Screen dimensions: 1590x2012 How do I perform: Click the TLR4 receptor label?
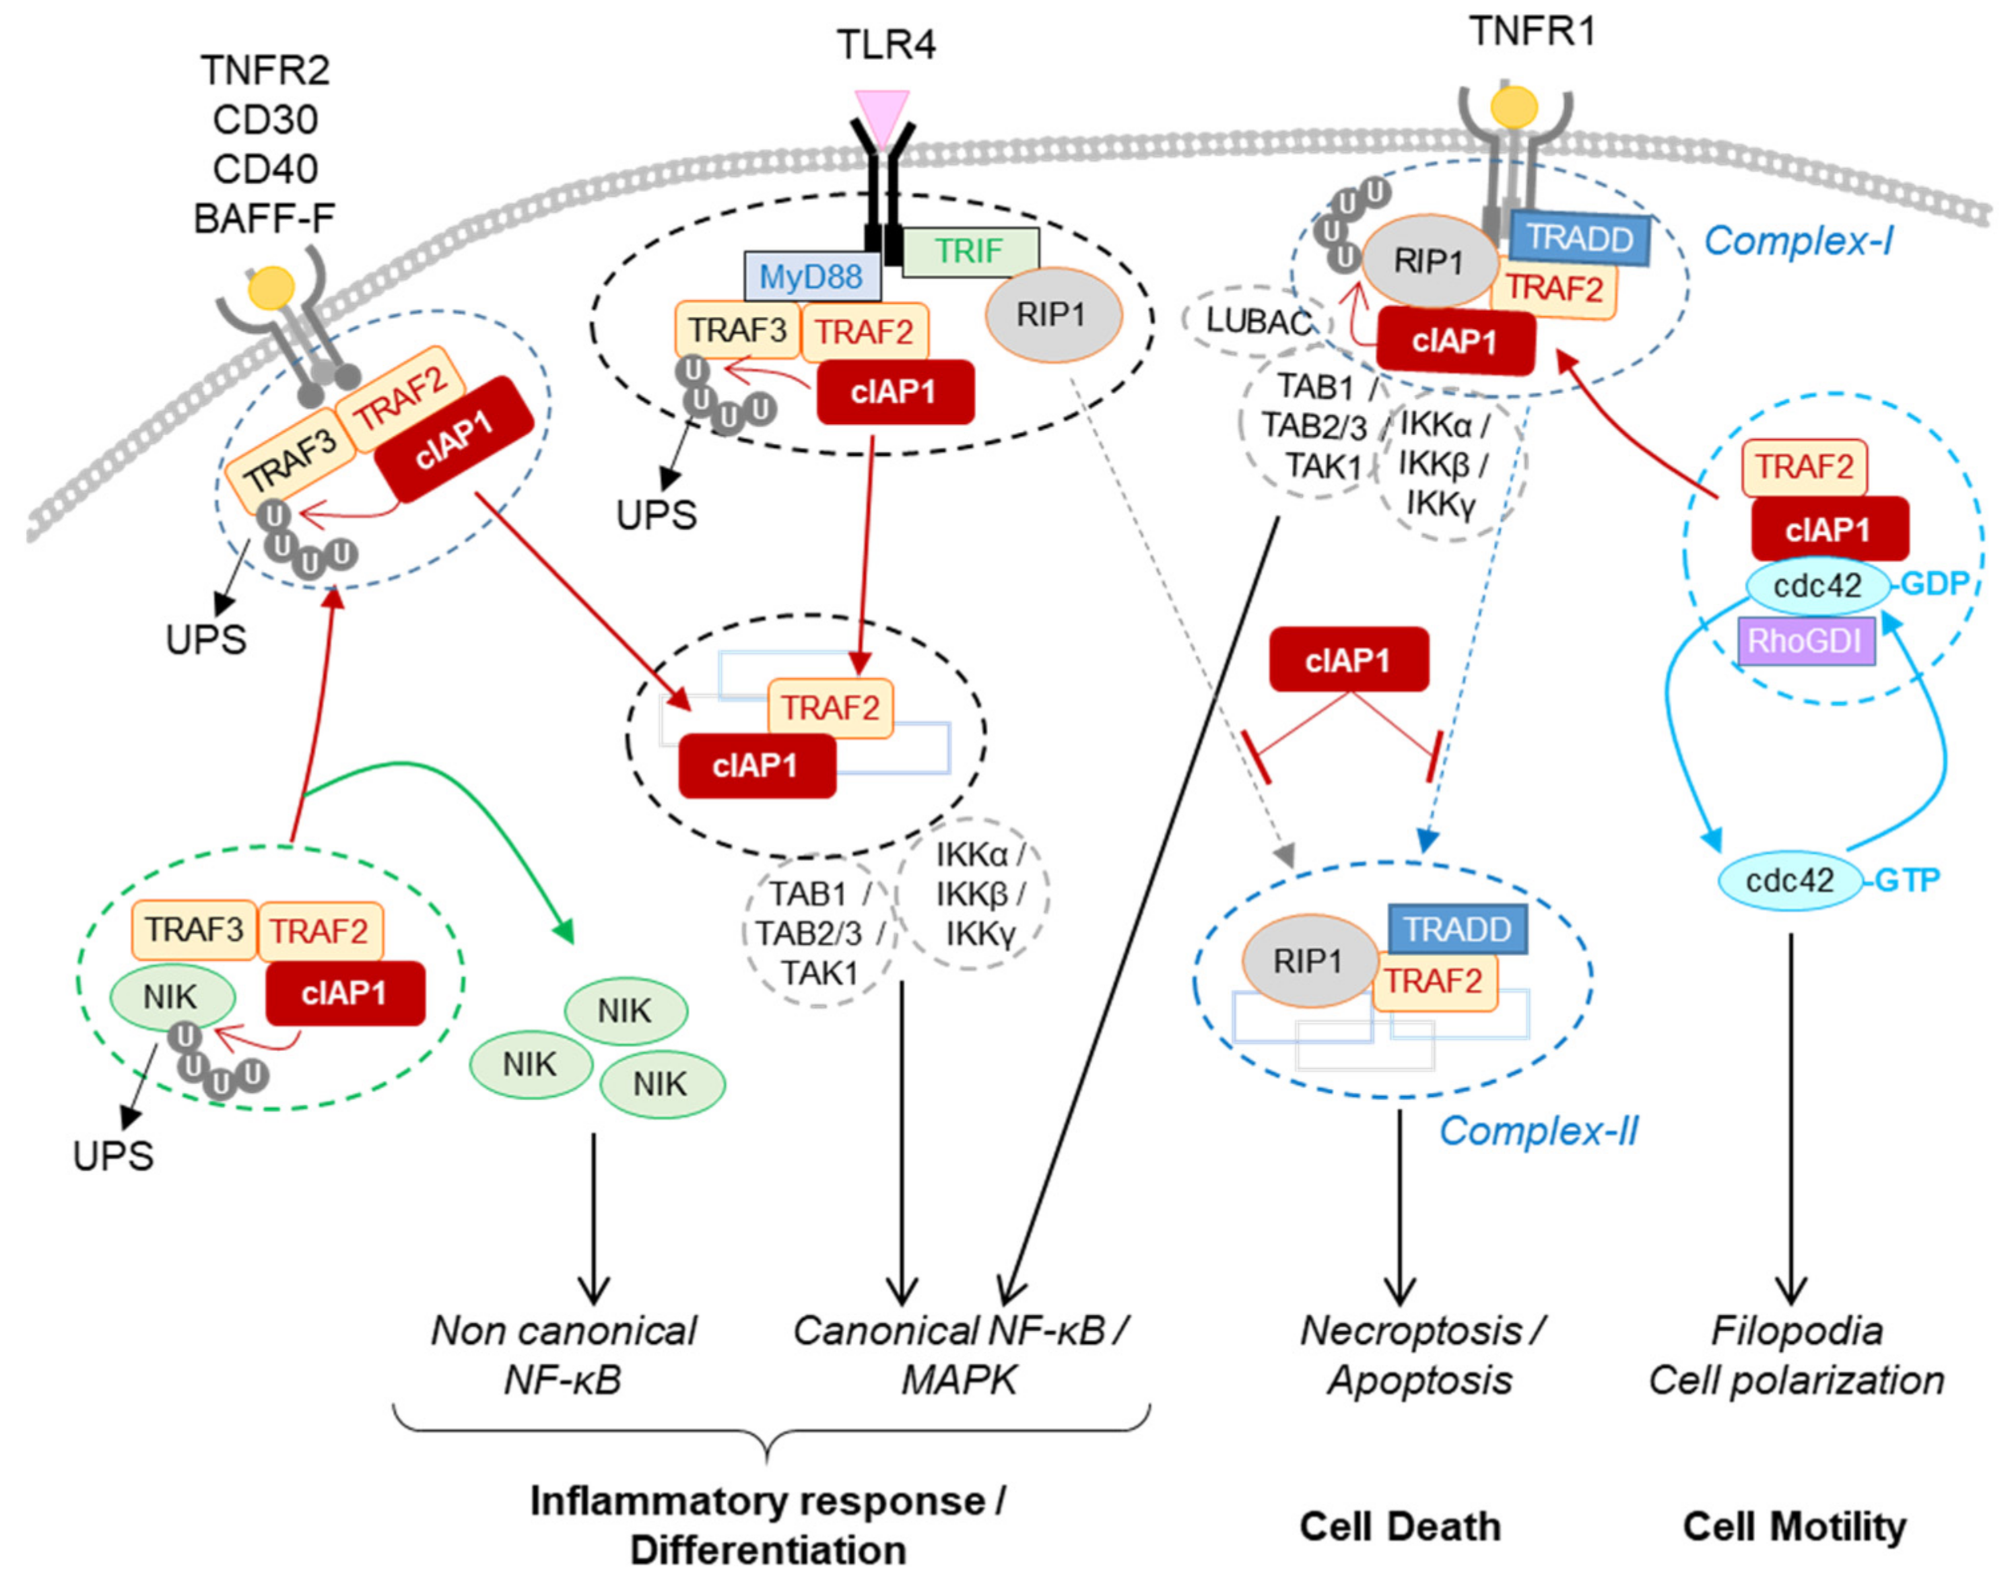pos(885,45)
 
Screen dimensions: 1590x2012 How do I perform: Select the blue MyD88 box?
pos(811,277)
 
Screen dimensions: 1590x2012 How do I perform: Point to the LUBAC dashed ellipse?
pos(1256,320)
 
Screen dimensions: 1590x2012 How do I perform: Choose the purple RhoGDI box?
pos(1805,640)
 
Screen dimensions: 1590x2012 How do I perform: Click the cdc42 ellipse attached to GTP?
pos(1789,880)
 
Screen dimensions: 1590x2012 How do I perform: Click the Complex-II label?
pos(1537,1131)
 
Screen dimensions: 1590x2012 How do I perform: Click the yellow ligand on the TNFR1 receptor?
pos(1513,108)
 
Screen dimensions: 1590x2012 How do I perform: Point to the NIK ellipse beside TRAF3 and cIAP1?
pos(171,997)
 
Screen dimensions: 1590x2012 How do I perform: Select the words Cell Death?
pos(1399,1527)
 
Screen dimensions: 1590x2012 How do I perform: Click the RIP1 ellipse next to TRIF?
pos(1052,315)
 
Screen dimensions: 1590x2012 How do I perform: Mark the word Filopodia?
pos(1796,1331)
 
